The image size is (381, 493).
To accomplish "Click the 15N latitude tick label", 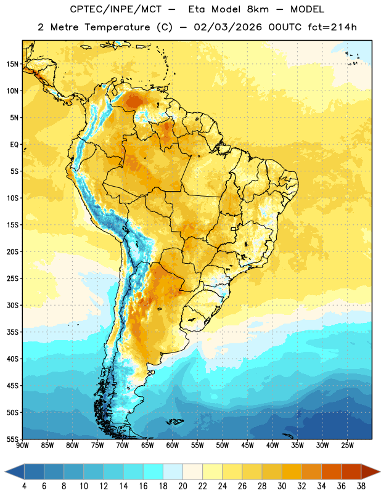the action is (x=12, y=64).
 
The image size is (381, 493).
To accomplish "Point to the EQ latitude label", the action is (x=14, y=145).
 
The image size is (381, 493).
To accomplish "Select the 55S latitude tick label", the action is (x=12, y=439).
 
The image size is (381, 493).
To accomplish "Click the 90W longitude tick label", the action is (x=22, y=446).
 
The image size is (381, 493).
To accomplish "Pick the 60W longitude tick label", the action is (x=173, y=446).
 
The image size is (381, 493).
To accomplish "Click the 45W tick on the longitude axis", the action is (x=247, y=446).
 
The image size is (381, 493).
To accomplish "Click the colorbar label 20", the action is (x=182, y=486).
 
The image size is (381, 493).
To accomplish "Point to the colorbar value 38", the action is (x=361, y=486).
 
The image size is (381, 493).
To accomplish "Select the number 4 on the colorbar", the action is (x=24, y=486).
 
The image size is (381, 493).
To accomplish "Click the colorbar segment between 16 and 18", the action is (x=153, y=471).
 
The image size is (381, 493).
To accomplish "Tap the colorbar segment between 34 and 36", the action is (x=331, y=471).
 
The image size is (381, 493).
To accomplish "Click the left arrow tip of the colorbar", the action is (x=5, y=471).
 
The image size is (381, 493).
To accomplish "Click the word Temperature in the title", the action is (x=117, y=27).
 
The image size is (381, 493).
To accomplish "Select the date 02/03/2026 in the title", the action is (x=227, y=27).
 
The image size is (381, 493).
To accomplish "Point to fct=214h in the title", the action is (x=332, y=27).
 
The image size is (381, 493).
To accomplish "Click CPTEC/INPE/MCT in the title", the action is (x=116, y=9).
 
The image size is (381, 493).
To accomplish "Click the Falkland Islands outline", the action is (x=175, y=422).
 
